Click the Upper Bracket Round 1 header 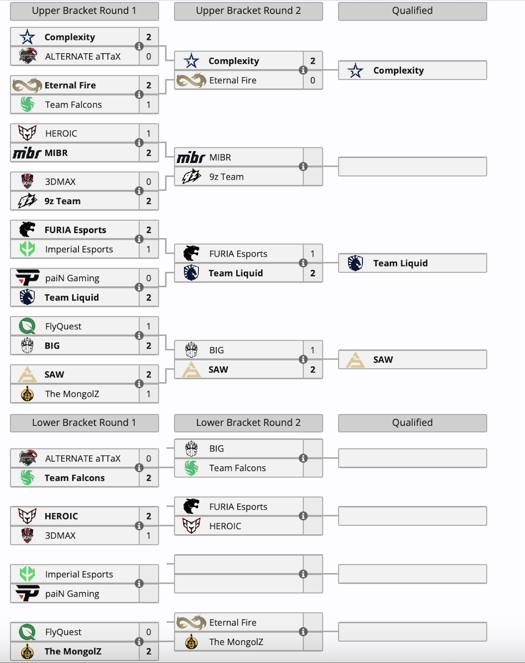pos(84,11)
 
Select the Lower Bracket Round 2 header pos(248,423)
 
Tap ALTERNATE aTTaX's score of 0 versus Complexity pos(149,56)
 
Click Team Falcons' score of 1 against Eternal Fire pos(149,105)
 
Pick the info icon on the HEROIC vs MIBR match pos(139,143)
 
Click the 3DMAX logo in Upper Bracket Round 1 pos(27,181)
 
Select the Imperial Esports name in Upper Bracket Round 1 pos(79,249)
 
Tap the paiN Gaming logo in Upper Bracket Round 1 pos(27,278)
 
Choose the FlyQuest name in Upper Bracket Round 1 pos(63,326)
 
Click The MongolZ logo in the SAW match pos(27,394)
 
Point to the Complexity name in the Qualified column pos(398,71)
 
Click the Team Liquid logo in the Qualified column pos(355,263)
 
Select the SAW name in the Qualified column pos(383,360)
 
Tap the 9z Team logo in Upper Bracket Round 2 pos(191,177)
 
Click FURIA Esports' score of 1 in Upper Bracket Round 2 pos(312,254)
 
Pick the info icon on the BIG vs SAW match pos(303,359)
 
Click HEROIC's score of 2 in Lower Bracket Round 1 pos(149,516)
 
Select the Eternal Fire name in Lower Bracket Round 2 pos(233,623)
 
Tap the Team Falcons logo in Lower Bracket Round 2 pos(192,468)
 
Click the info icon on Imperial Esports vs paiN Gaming pos(139,584)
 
